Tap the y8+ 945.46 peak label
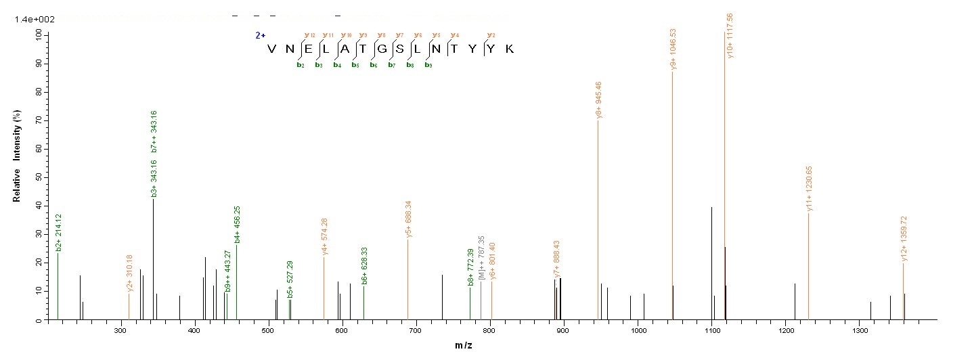click(599, 101)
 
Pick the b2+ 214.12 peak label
click(59, 233)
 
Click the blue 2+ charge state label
click(260, 35)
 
